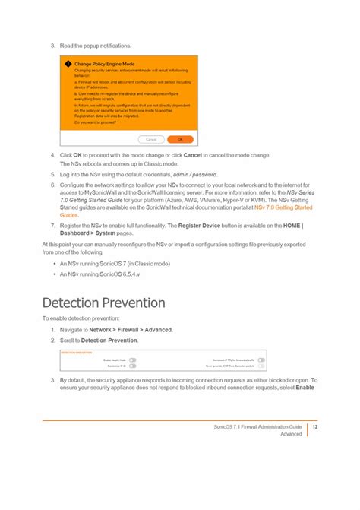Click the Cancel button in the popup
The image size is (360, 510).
[x=151, y=140]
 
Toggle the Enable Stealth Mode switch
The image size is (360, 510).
[x=132, y=360]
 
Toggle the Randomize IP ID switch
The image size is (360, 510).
[x=132, y=366]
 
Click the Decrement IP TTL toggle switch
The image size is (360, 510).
[x=261, y=360]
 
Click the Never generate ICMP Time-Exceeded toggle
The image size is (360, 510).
[x=261, y=366]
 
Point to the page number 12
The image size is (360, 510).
[x=314, y=427]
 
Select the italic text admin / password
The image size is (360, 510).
[x=205, y=174]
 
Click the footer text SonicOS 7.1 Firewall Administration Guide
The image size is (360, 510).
[x=257, y=427]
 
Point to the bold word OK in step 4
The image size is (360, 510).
[x=77, y=155]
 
